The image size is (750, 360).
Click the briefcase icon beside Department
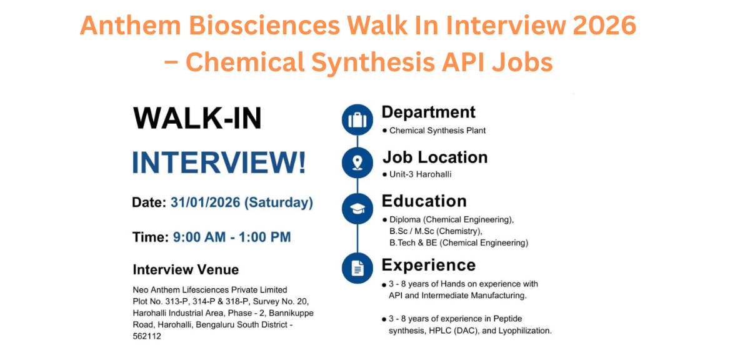(x=357, y=119)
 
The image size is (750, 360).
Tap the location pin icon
(x=357, y=163)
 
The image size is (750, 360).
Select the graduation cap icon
(x=357, y=208)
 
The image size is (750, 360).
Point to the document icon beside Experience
(x=357, y=269)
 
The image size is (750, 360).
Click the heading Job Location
(x=435, y=157)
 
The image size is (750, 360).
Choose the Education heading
(x=424, y=201)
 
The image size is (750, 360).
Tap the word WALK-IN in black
(x=197, y=119)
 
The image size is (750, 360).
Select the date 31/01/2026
(x=205, y=203)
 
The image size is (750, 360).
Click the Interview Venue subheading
(x=186, y=270)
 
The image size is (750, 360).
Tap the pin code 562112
(x=147, y=335)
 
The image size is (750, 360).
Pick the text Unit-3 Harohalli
(x=420, y=174)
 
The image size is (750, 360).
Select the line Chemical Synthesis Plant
(x=437, y=131)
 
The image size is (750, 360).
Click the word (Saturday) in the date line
(x=279, y=203)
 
